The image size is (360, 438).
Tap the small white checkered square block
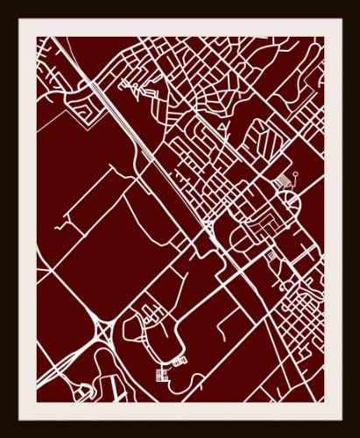161,375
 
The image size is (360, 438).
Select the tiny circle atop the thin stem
296,173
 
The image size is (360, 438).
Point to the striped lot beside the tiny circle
283,180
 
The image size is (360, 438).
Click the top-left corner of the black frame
2,2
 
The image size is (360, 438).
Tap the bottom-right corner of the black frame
357,435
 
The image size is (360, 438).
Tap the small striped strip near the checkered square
180,360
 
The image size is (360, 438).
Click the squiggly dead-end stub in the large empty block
61,226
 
